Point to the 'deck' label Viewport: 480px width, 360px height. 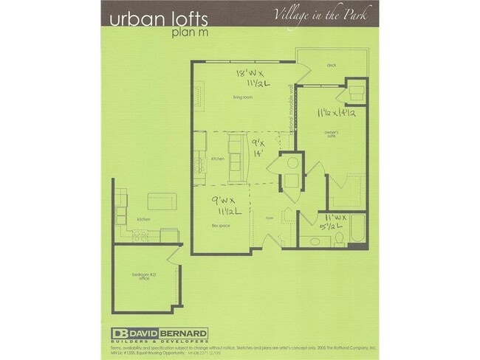click(x=331, y=65)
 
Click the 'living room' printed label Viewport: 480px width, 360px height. click(x=244, y=96)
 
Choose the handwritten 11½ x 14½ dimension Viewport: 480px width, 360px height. click(x=337, y=114)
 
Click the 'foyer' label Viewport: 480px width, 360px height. click(x=270, y=218)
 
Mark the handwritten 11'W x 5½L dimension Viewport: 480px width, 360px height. click(x=330, y=222)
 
